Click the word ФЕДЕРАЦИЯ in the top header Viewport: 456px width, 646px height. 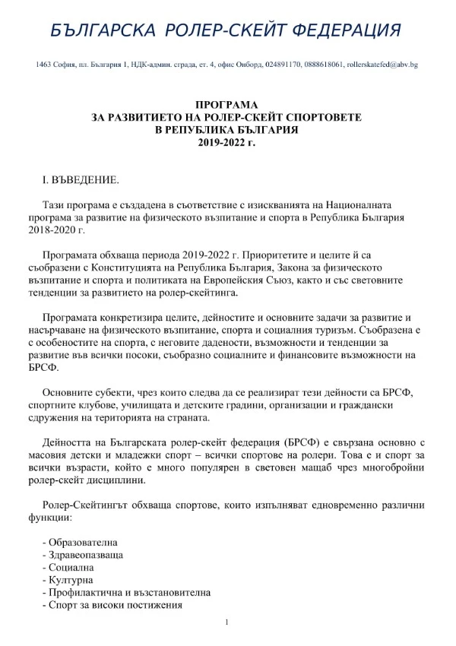(x=336, y=30)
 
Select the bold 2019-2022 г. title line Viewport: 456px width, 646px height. (x=226, y=141)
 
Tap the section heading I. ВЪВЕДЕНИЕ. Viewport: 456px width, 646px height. (x=80, y=180)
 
